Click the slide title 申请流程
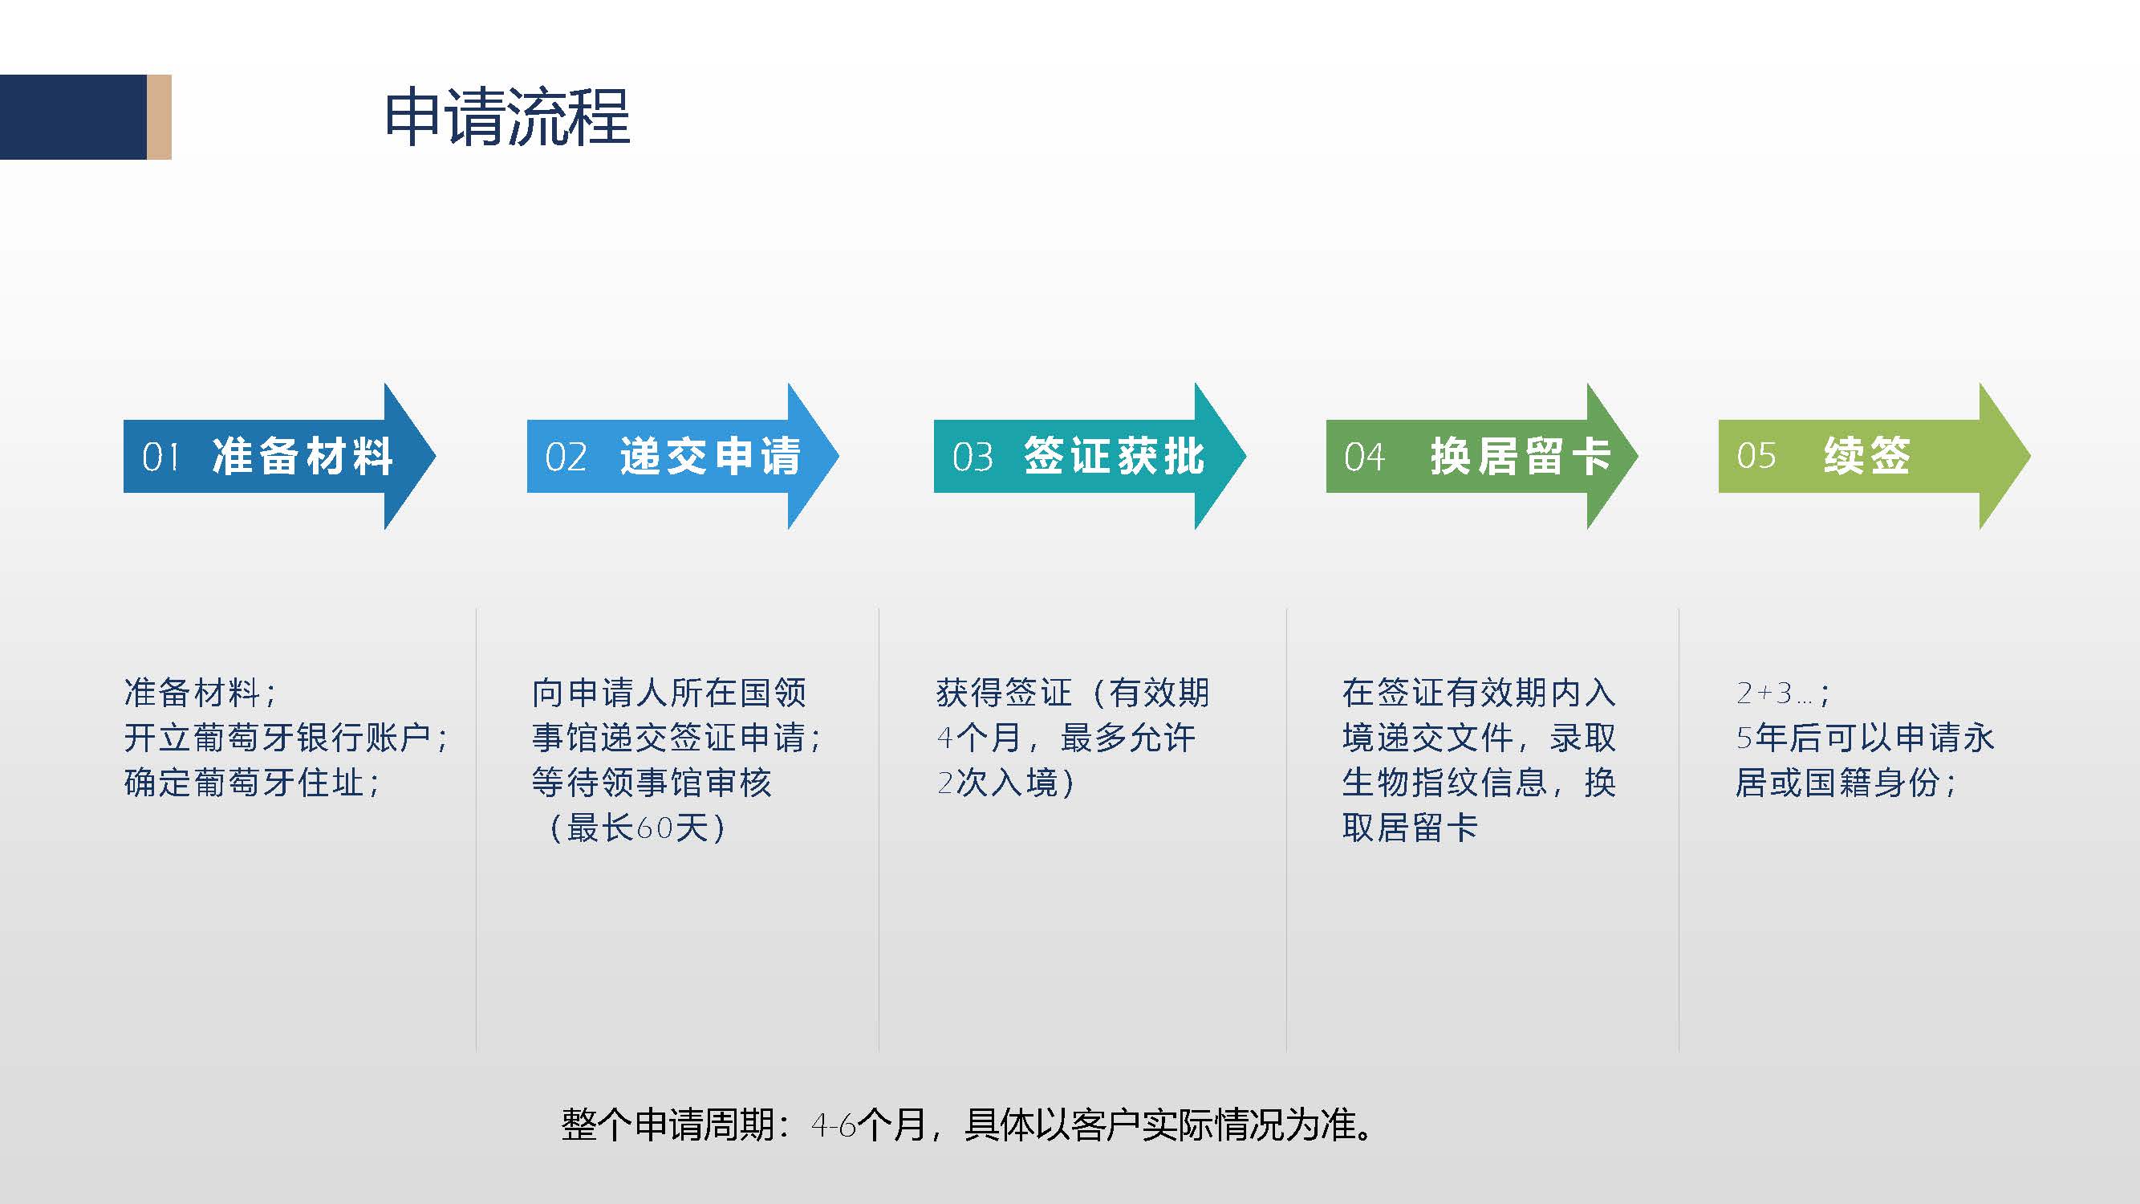coord(507,117)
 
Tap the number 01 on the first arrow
coord(160,457)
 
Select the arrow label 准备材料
coord(303,456)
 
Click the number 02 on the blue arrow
coord(566,457)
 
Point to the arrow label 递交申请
coord(710,456)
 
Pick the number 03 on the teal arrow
coord(972,457)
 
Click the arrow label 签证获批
coord(1114,456)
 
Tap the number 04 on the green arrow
coord(1364,457)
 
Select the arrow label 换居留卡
coord(1521,456)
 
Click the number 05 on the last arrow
coord(1756,455)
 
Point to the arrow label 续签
coord(1867,455)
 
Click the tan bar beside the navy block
coord(160,117)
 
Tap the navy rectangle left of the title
coord(73,117)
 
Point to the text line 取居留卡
coord(1411,828)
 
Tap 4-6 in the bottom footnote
coord(833,1126)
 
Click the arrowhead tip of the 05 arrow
coord(2030,456)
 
